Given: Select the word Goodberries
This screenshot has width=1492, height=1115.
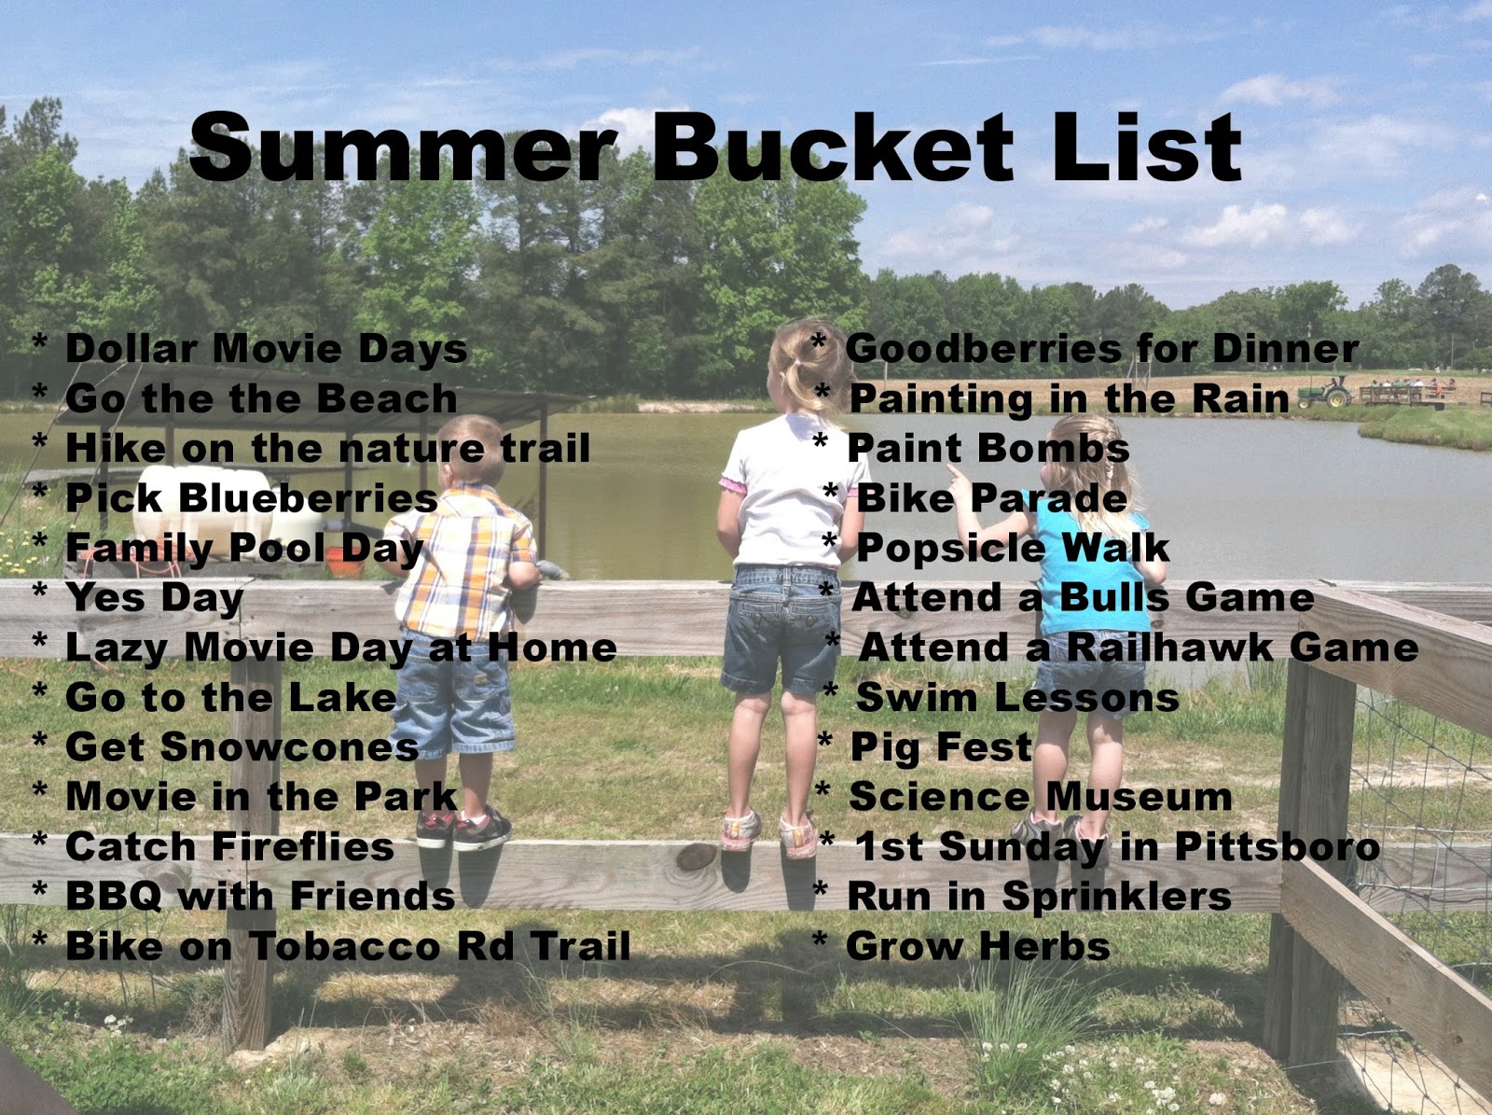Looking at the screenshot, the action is click(984, 349).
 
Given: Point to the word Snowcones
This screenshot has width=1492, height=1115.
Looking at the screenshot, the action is click(290, 746).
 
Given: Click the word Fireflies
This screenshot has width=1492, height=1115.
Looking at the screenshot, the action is click(303, 846).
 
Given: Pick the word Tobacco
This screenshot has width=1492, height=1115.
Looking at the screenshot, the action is click(345, 946).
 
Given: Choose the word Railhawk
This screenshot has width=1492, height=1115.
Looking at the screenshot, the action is click(1169, 647).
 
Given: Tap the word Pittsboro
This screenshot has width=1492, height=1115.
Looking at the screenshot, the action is click(1278, 846).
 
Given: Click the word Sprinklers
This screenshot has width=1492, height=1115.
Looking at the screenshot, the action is click(1117, 897).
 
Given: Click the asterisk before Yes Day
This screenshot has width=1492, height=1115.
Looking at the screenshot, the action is click(40, 590).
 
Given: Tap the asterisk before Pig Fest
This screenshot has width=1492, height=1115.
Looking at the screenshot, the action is click(824, 740).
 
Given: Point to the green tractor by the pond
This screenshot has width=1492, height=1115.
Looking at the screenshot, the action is click(1325, 393).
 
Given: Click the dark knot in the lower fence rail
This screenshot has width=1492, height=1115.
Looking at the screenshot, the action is click(696, 856).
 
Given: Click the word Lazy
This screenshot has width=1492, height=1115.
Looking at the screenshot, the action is click(117, 648).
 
